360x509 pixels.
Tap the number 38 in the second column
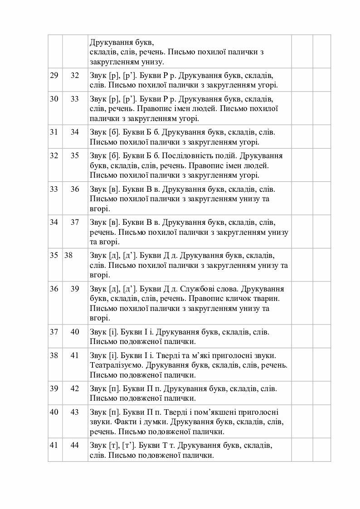[68, 255]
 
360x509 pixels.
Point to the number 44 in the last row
[75, 445]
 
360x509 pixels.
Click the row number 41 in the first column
[54, 445]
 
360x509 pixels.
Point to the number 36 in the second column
[75, 189]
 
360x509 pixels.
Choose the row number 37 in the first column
[54, 332]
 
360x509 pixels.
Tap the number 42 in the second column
[75, 388]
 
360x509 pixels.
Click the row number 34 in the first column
[54, 222]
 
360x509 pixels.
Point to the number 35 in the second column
[75, 155]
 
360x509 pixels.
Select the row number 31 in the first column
[54, 132]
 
